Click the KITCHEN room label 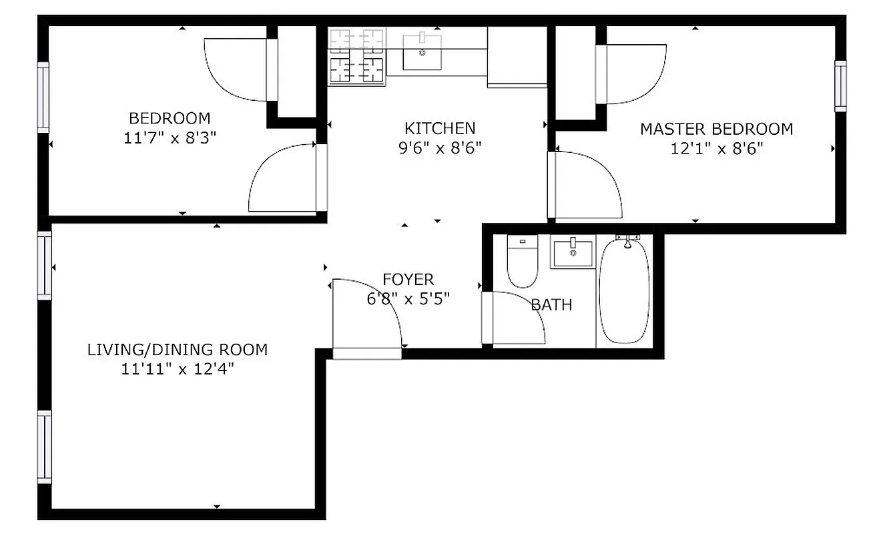(440, 128)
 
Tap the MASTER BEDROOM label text (717, 129)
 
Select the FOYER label (408, 280)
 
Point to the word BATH (552, 305)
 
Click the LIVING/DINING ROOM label (178, 350)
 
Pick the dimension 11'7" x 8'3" (170, 138)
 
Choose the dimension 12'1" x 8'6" (717, 148)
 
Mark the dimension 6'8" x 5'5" (408, 298)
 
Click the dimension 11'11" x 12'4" (178, 369)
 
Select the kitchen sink (422, 52)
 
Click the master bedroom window (840, 86)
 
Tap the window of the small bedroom (43, 97)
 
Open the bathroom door (513, 318)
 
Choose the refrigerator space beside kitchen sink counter (517, 56)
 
